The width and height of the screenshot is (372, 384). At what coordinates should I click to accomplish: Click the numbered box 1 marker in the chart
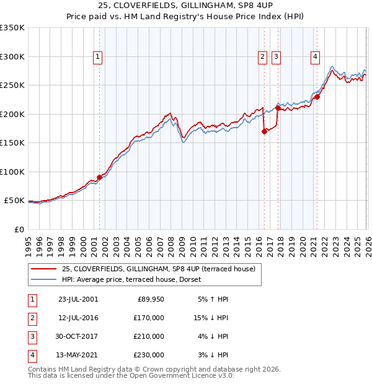coord(98,57)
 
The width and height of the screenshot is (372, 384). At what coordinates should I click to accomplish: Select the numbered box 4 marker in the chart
coord(316,57)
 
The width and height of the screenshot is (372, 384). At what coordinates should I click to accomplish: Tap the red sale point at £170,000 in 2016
coord(264,131)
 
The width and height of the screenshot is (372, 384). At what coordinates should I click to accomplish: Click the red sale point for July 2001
coord(100,177)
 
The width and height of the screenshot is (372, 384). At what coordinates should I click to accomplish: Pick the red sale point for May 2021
coord(317,97)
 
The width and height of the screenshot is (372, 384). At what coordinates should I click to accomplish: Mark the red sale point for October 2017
coord(278,108)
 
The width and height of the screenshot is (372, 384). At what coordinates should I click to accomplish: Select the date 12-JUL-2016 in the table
coord(78,317)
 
